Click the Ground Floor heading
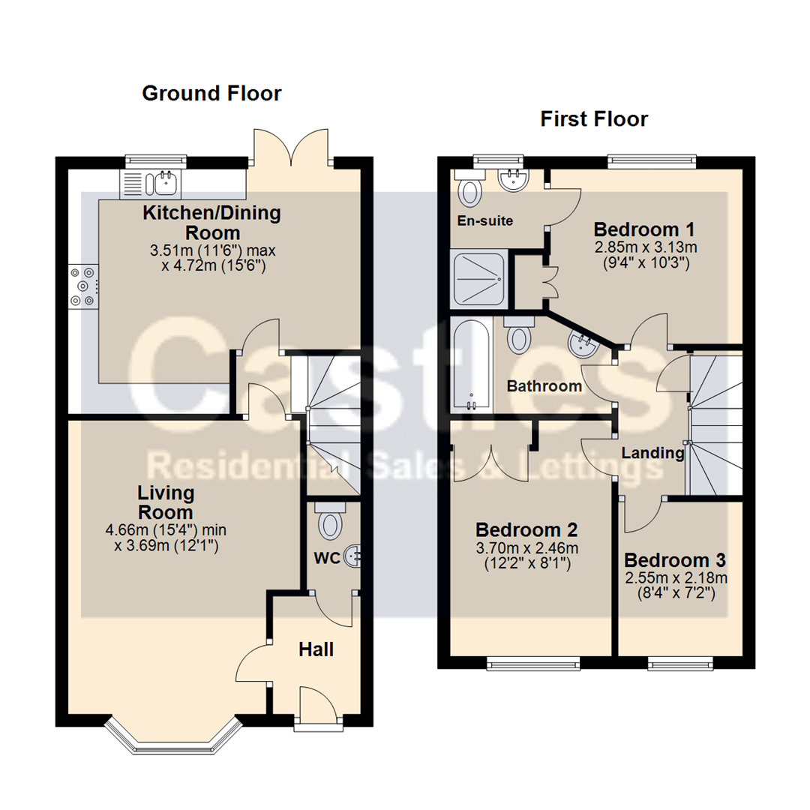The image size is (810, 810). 211,94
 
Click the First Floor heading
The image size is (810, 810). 594,119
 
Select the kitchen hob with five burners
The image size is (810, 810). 83,286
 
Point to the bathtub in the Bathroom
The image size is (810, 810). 471,364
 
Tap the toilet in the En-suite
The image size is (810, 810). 470,188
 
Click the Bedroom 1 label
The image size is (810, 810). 644,229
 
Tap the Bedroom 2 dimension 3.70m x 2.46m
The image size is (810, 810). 527,548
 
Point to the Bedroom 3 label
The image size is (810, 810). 675,560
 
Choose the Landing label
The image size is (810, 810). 652,453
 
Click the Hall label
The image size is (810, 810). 316,649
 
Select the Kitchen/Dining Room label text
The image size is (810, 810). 211,223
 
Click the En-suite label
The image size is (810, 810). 485,221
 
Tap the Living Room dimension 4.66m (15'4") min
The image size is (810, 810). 166,530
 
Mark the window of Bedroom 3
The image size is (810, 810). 681,664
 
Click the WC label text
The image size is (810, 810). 327,558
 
